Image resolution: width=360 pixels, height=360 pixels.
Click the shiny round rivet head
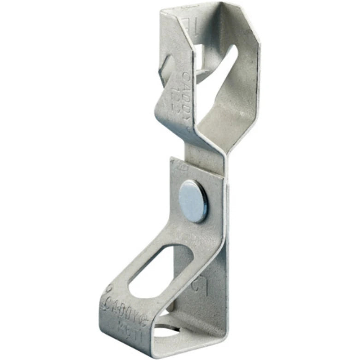click(x=193, y=201)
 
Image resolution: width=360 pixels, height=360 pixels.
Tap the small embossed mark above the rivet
click(x=183, y=168)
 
